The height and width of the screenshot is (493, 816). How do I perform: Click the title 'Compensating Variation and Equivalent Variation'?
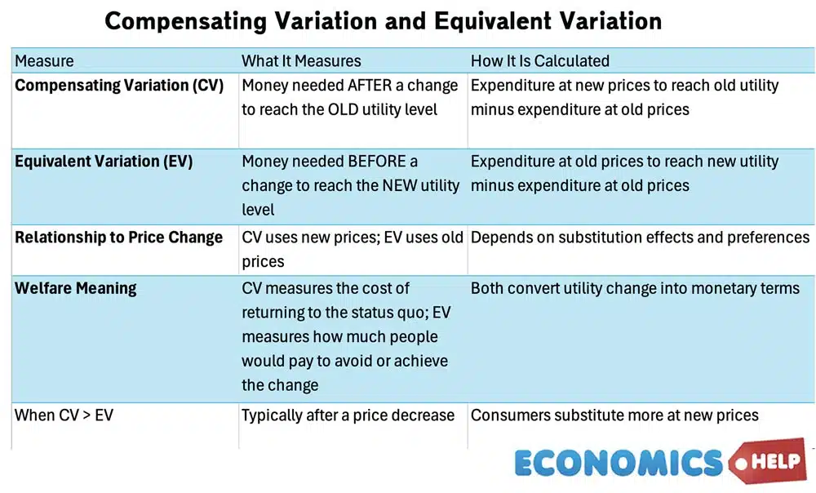click(383, 21)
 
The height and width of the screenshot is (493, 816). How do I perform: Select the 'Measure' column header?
click(44, 61)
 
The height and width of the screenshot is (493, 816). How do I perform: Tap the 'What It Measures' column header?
click(301, 61)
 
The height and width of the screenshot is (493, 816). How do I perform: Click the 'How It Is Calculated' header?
click(540, 61)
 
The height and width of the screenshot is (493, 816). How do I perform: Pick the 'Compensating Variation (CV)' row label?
click(119, 86)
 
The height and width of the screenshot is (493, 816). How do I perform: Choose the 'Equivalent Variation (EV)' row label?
click(104, 162)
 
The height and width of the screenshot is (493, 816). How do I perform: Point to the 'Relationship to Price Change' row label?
click(119, 238)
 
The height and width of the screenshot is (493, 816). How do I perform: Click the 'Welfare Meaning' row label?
click(76, 288)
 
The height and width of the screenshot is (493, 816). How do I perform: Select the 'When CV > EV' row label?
click(64, 415)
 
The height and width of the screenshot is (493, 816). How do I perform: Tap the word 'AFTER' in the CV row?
click(372, 86)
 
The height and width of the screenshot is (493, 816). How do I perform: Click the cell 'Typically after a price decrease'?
click(348, 415)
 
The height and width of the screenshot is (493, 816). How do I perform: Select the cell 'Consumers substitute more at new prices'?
click(614, 415)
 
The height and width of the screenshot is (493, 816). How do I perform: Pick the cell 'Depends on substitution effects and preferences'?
click(640, 238)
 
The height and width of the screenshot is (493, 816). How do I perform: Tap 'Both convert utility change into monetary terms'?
click(635, 288)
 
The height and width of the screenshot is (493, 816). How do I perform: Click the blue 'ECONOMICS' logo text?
click(619, 463)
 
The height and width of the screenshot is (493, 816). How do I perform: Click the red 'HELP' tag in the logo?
click(769, 460)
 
